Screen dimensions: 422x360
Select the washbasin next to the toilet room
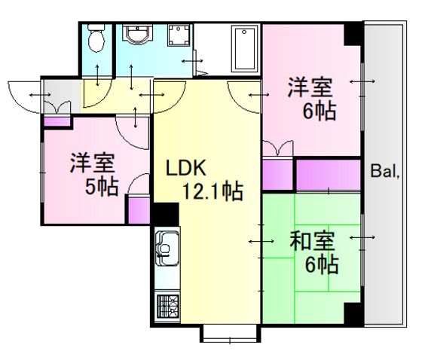tap(137, 34)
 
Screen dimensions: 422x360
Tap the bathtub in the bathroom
tap(244, 49)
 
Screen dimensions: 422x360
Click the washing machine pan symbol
tap(179, 35)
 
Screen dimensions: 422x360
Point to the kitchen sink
tap(167, 248)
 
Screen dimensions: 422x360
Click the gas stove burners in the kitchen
tap(168, 307)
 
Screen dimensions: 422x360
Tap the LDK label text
tap(185, 168)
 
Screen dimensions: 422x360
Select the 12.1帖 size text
tap(213, 191)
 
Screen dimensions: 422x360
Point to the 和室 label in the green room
tap(312, 240)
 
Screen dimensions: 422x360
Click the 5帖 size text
tap(102, 187)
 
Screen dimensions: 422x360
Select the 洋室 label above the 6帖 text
tap(310, 87)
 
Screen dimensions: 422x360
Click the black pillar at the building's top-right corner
tap(353, 34)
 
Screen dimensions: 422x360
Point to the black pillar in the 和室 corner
tap(353, 314)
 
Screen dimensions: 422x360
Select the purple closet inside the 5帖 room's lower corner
tap(139, 211)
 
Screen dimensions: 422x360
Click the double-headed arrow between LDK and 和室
tap(261, 241)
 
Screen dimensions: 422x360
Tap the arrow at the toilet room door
tap(97, 75)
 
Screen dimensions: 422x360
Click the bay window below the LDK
tap(230, 334)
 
